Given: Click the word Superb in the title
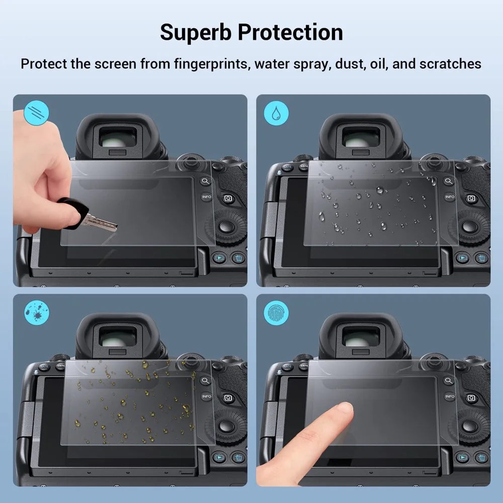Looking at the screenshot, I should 195,32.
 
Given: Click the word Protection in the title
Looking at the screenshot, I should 290,32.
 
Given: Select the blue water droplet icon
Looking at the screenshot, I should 276,113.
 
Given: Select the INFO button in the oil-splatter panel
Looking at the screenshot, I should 206,396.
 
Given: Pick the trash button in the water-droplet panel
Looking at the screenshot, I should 481,258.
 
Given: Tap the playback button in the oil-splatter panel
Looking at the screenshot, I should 218,458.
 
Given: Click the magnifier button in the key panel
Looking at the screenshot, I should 205,181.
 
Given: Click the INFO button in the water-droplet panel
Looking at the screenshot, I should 449,197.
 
